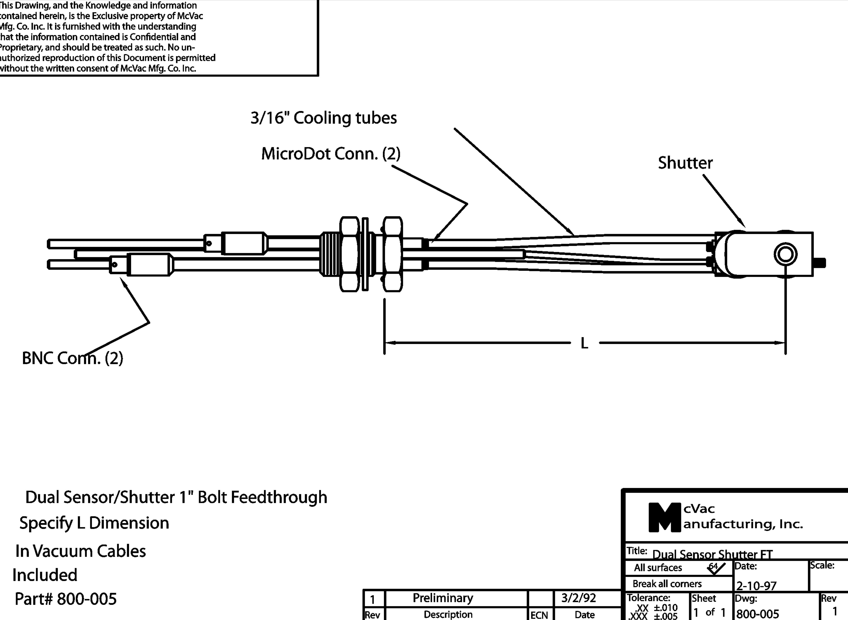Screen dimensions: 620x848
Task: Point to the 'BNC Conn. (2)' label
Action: [73, 358]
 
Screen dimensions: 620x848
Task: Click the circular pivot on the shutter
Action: [785, 254]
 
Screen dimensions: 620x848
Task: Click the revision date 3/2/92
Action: [578, 598]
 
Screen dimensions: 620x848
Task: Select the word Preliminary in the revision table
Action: [443, 598]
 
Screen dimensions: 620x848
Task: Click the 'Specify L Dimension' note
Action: [94, 523]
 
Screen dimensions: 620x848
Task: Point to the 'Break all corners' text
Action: [667, 584]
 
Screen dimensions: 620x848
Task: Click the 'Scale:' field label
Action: [822, 565]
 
